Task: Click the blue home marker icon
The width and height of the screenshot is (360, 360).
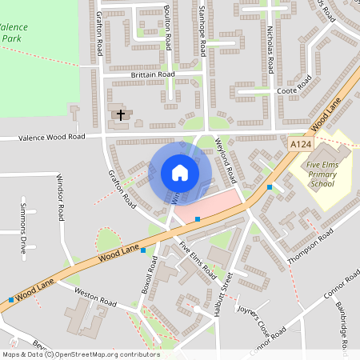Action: [x=180, y=173]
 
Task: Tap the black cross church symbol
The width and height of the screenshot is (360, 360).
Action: [x=122, y=115]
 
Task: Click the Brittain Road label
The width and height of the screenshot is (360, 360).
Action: [x=152, y=74]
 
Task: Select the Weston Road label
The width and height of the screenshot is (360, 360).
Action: [x=95, y=298]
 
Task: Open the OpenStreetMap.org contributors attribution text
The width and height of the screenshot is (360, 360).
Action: [x=97, y=354]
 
